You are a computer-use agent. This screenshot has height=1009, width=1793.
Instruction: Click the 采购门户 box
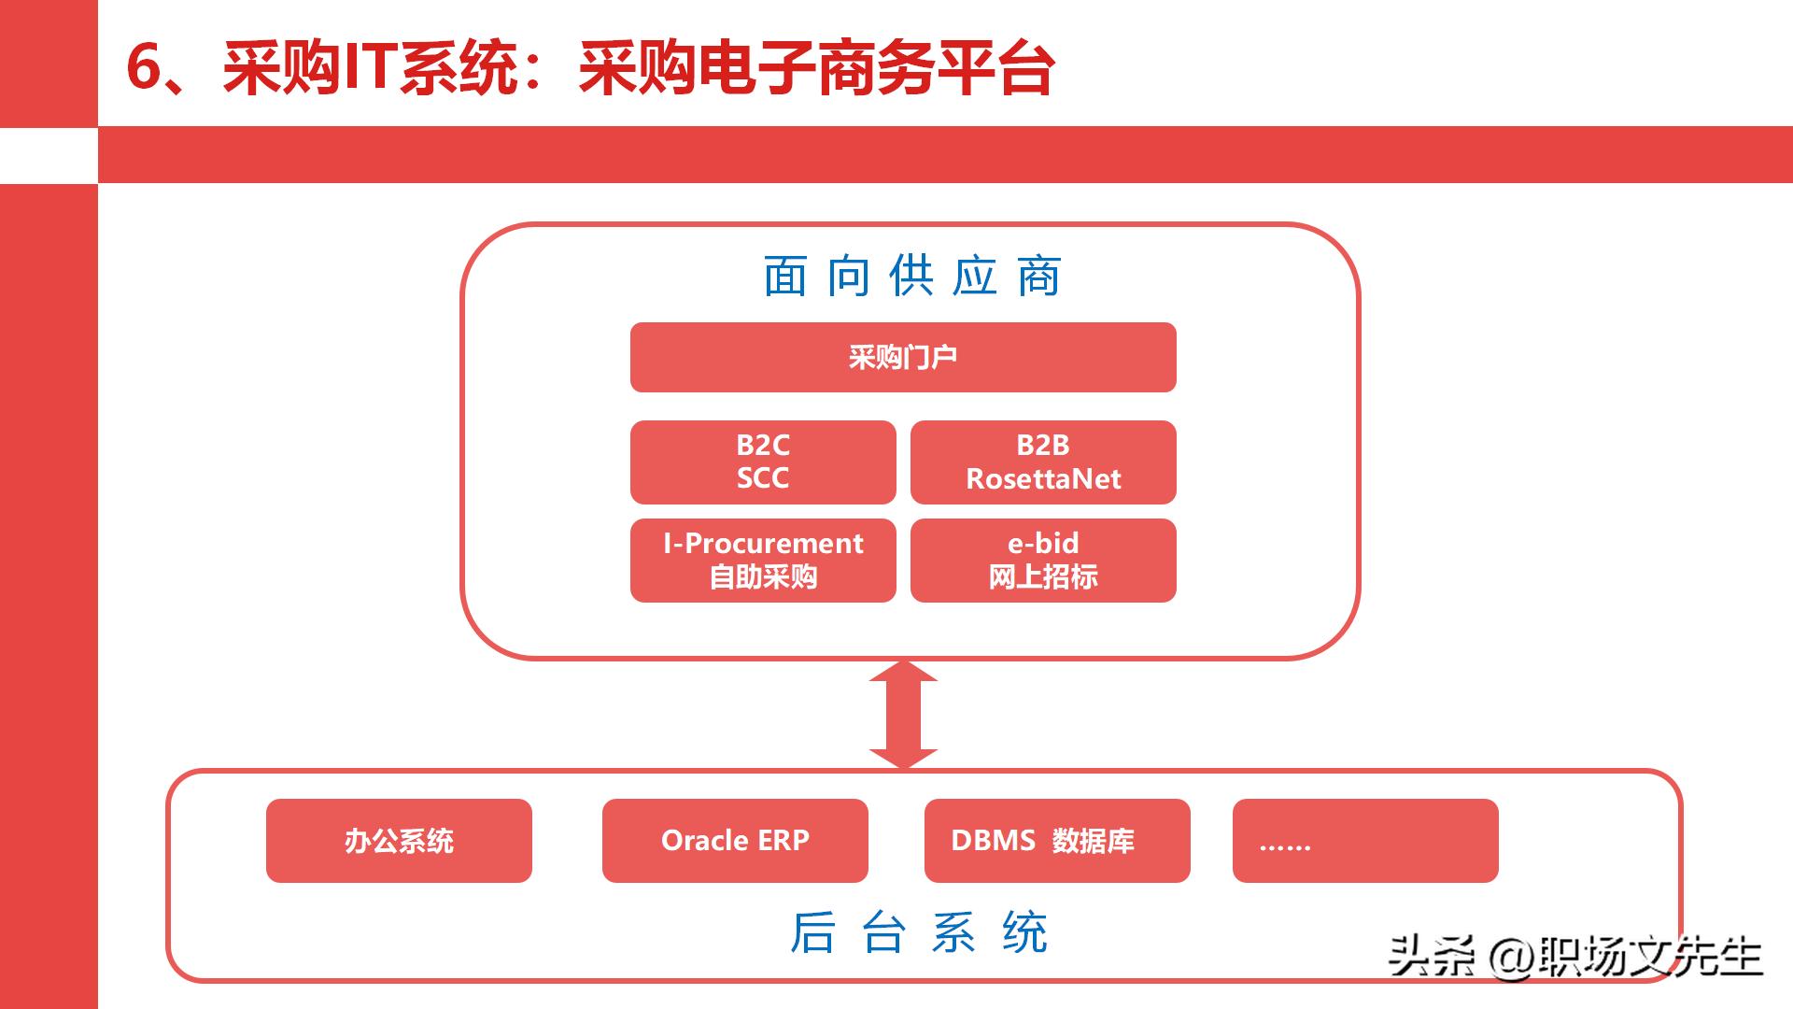(x=902, y=357)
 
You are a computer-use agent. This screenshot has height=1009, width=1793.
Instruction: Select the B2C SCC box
(x=762, y=462)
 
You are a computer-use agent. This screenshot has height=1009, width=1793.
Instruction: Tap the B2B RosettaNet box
(x=1042, y=462)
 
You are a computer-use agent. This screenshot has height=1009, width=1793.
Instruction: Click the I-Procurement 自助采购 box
(x=762, y=560)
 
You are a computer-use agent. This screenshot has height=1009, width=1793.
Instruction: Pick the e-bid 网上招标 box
(x=1042, y=560)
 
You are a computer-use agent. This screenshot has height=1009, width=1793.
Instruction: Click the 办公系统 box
(x=399, y=840)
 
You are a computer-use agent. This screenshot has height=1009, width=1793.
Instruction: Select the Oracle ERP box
(x=734, y=840)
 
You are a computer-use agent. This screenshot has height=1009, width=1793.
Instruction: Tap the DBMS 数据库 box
(x=1056, y=840)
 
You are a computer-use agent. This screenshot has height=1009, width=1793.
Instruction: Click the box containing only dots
(x=1364, y=840)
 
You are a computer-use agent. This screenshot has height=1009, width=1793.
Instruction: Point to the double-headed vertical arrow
(x=903, y=714)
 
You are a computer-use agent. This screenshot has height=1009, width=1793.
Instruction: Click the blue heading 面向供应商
(x=911, y=276)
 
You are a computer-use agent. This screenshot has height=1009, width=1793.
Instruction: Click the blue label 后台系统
(x=919, y=932)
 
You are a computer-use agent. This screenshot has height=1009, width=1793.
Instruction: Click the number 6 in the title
(x=144, y=67)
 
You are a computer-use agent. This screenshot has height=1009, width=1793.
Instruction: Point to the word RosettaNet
(x=1043, y=479)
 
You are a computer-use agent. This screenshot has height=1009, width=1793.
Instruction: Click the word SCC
(x=762, y=478)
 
